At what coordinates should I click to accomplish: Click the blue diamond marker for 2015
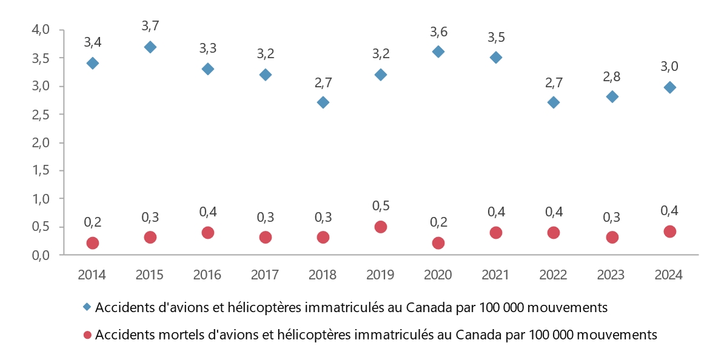click(x=150, y=47)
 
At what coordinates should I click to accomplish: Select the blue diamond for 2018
click(x=323, y=102)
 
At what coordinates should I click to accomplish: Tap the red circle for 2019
click(x=380, y=227)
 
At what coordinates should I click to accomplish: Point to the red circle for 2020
click(x=438, y=243)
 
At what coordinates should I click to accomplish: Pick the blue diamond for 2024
click(x=669, y=87)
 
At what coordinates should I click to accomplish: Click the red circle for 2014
click(x=93, y=243)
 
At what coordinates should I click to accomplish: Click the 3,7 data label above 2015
click(x=150, y=26)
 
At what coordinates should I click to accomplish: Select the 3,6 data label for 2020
click(x=438, y=32)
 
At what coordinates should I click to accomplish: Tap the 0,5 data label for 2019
click(x=380, y=206)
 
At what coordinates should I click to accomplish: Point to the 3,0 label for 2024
click(x=669, y=67)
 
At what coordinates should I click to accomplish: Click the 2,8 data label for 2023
click(x=612, y=77)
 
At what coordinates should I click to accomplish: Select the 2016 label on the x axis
click(x=207, y=275)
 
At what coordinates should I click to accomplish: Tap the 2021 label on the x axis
click(x=496, y=275)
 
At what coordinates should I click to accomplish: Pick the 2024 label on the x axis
click(x=669, y=275)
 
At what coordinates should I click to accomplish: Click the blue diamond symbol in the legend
click(x=87, y=307)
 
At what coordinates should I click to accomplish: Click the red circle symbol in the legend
click(x=87, y=335)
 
